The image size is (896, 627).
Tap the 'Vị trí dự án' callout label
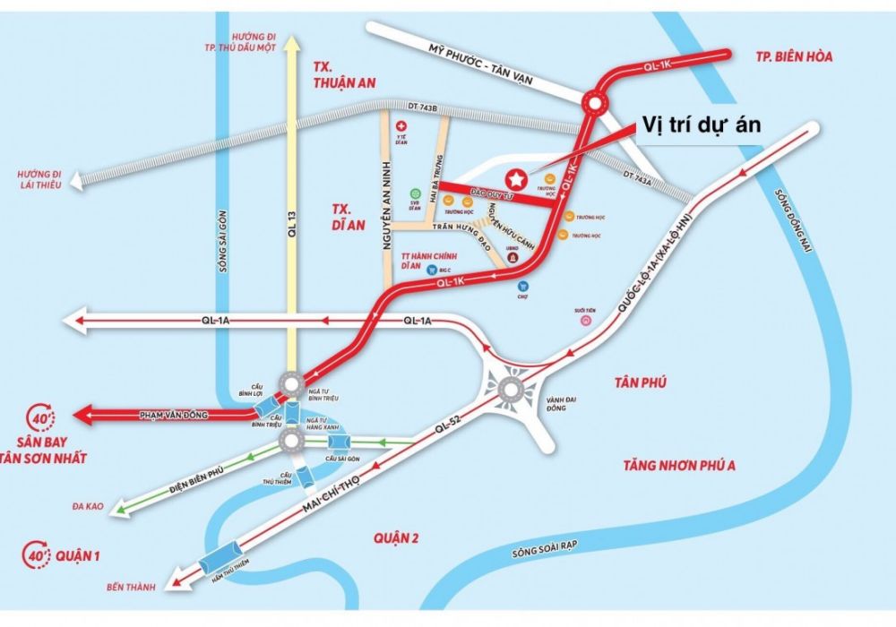699,125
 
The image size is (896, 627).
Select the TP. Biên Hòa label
794,56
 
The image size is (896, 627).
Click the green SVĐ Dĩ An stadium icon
415,193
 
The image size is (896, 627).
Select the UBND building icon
512,257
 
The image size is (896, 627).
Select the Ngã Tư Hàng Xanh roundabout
291,441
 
